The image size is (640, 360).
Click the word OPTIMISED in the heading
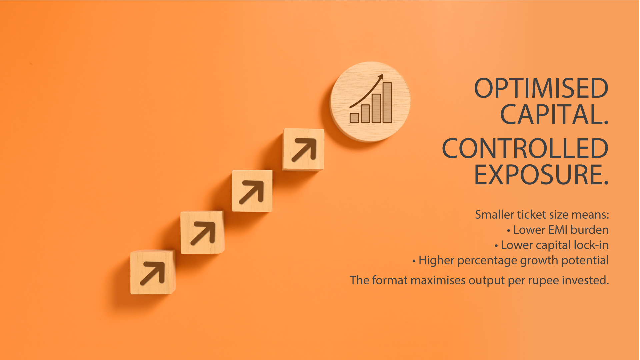coord(541,88)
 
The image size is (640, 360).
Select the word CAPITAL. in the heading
coord(554,114)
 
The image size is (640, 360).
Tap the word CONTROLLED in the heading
coord(525,148)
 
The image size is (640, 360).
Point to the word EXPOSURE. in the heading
coord(541,174)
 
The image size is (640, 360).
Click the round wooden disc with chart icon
coord(370,102)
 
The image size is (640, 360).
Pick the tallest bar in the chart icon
coord(387,102)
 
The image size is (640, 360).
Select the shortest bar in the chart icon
coord(354,118)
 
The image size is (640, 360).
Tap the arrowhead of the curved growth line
coord(380,77)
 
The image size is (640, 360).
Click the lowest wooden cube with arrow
coord(153,272)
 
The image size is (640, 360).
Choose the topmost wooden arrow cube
coord(303,149)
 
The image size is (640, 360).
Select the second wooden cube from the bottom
coord(202,232)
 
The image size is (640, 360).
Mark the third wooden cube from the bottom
coord(252,191)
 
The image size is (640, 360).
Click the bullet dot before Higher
coord(414,261)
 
